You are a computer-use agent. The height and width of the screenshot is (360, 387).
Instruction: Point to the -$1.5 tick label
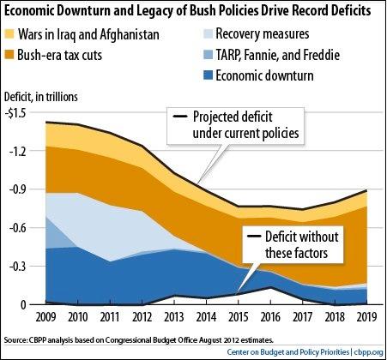[x=17, y=112]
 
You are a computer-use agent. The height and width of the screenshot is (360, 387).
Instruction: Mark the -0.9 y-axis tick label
[x=19, y=189]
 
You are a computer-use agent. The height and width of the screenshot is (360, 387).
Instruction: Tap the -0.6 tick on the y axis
[x=19, y=227]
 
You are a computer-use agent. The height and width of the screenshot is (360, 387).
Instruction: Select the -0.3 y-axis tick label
[x=19, y=266]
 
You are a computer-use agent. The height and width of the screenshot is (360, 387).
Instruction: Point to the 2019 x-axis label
[x=366, y=317]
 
